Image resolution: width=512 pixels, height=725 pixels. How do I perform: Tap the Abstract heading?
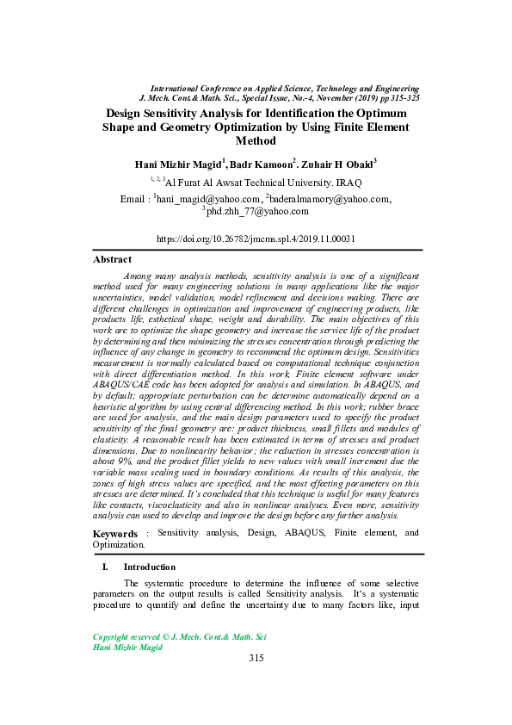tap(112, 259)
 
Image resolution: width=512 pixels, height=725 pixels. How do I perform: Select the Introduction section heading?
tap(150, 567)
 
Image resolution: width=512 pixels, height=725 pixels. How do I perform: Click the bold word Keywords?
tap(114, 534)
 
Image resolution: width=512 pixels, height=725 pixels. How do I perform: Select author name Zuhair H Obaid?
tap(338, 163)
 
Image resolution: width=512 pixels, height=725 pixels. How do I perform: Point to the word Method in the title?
tap(255, 140)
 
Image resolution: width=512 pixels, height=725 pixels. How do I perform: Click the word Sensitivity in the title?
tap(179, 113)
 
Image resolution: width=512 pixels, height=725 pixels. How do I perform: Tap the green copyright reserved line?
tap(179, 636)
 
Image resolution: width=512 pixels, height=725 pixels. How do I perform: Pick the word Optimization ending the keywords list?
tap(119, 544)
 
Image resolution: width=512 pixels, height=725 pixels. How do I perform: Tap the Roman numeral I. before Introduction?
tap(105, 567)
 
